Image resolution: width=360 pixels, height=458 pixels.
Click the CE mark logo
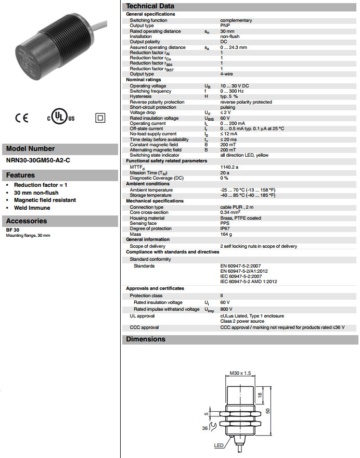22,118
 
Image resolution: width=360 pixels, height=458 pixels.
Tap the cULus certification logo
61,118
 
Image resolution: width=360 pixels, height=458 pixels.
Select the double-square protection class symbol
100,118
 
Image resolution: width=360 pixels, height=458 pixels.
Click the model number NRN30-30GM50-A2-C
38,160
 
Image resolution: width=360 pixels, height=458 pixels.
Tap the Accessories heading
27,221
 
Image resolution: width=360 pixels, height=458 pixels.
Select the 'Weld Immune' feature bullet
32,208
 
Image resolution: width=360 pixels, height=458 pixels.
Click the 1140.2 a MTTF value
230,167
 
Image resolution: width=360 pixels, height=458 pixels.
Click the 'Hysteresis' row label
140,96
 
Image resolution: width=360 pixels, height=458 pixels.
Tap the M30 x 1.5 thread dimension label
240,373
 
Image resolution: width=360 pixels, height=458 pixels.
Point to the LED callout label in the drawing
218,446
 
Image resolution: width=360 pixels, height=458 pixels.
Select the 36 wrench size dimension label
205,428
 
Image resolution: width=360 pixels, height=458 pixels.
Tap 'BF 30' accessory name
13,230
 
